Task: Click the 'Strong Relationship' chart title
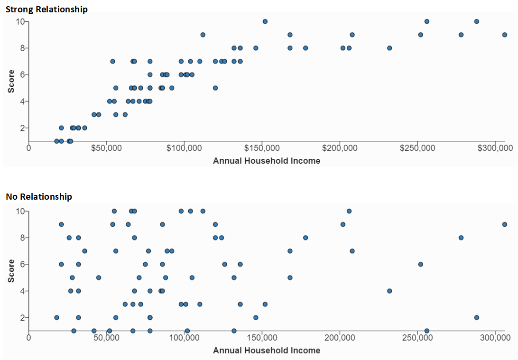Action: click(46, 9)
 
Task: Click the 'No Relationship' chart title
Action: click(39, 196)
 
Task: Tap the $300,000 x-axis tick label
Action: click(494, 148)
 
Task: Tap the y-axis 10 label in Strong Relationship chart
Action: click(20, 21)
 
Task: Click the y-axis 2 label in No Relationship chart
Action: click(22, 317)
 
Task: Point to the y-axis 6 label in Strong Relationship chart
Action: click(22, 74)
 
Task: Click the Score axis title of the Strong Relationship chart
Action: click(11, 81)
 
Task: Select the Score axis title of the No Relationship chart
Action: click(11, 271)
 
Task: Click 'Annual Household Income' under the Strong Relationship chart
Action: click(267, 161)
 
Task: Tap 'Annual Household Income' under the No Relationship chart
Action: click(267, 351)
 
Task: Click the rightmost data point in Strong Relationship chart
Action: click(505, 35)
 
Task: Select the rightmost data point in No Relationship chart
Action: click(505, 224)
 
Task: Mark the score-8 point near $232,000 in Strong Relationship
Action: click(389, 48)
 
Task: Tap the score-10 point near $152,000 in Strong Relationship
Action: click(265, 21)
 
